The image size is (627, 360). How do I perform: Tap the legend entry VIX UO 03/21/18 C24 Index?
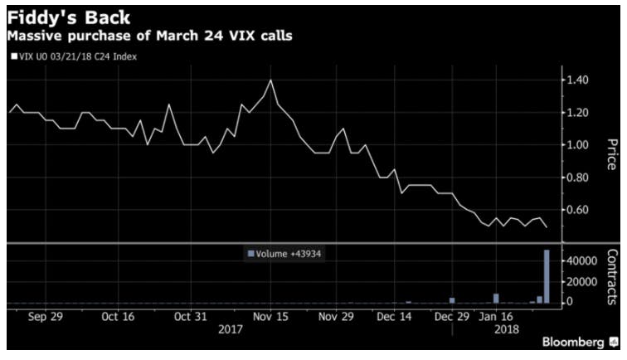[x=75, y=56]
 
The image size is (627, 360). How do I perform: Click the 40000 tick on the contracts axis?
[x=582, y=261]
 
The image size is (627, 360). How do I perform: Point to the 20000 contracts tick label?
[x=582, y=282]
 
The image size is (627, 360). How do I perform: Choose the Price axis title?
[x=612, y=154]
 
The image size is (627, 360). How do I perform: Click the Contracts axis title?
[x=612, y=277]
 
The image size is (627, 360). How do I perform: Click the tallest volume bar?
[x=547, y=277]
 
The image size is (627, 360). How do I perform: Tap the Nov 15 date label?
[x=271, y=317]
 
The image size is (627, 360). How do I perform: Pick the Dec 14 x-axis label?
[x=396, y=317]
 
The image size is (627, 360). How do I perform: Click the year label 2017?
[x=231, y=329]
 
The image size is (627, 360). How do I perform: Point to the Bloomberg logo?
[x=573, y=343]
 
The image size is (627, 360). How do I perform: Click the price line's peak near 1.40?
[x=271, y=80]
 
